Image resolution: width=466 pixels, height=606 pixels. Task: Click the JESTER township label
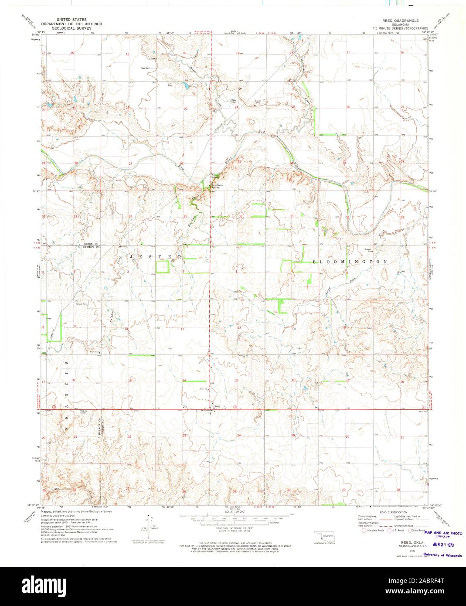154,257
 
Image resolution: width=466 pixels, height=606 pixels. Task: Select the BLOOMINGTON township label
350,262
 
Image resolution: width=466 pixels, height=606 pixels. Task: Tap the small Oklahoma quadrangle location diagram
323,536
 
